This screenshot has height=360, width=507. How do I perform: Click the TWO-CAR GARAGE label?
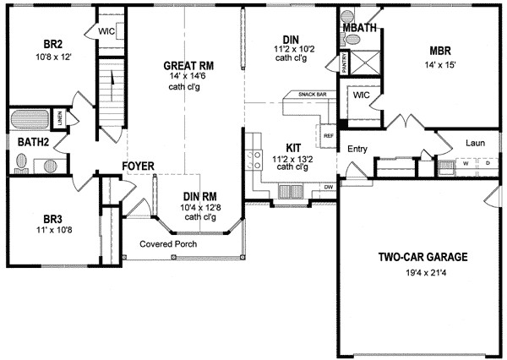click(x=422, y=257)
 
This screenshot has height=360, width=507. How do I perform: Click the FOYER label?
click(x=137, y=166)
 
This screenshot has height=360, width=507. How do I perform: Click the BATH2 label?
click(x=31, y=142)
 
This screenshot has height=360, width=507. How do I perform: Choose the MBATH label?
click(x=360, y=28)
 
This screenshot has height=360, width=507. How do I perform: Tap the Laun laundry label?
click(x=474, y=144)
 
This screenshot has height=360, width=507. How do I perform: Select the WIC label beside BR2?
click(x=106, y=31)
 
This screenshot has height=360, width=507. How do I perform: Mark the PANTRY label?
click(x=345, y=61)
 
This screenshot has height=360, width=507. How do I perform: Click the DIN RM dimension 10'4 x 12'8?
click(x=199, y=206)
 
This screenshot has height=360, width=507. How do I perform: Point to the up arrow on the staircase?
click(x=111, y=79)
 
